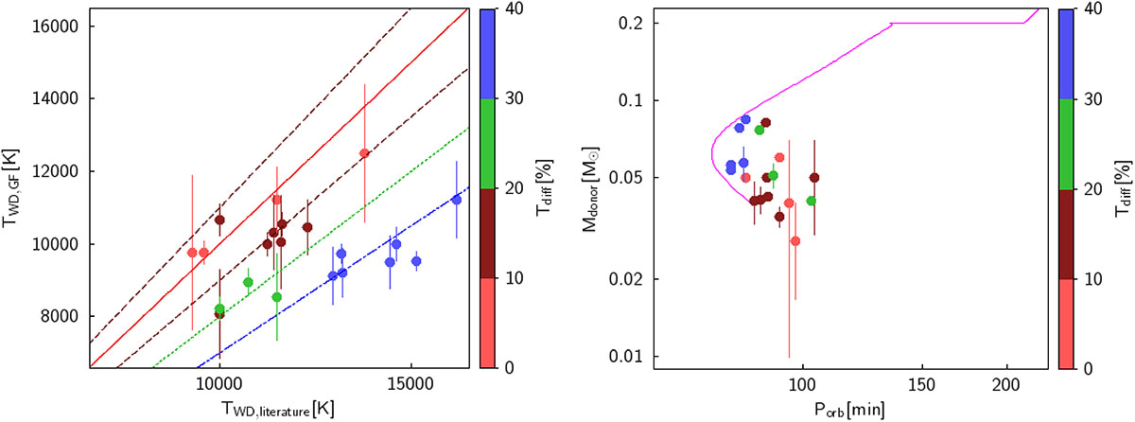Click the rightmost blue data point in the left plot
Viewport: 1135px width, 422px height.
(456, 200)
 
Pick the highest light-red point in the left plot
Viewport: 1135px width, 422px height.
(364, 153)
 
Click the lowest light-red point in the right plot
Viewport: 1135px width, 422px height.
(795, 241)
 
